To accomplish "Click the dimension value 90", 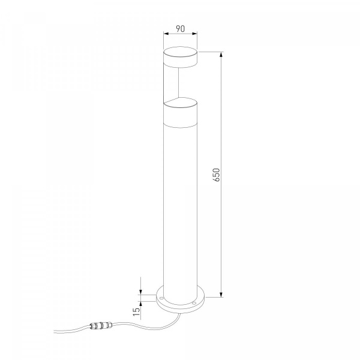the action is coord(180,29).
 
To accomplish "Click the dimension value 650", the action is coord(217,175).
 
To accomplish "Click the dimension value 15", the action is coord(136,311).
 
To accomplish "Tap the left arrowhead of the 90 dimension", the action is coord(166,34).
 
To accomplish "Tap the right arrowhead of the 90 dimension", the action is coord(194,34).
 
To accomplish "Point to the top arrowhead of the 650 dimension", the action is coord(221,55).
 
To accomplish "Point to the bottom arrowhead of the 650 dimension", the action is coord(221,295).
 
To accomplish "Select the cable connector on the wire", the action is coord(100,326).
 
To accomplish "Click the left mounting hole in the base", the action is coord(161,298).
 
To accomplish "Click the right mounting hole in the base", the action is coord(194,304).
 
